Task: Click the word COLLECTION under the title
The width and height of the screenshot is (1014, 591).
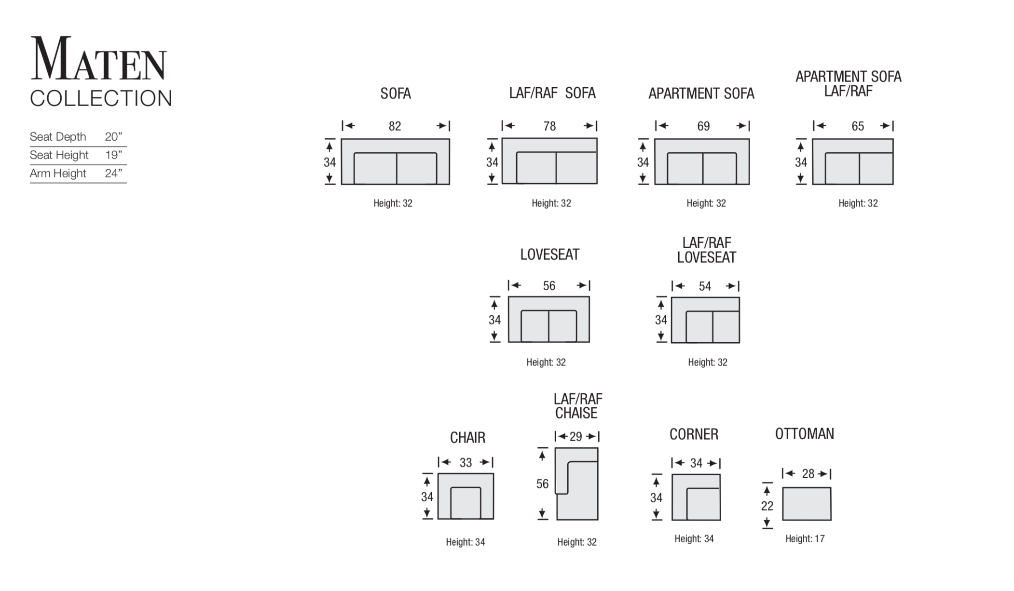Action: click(x=101, y=98)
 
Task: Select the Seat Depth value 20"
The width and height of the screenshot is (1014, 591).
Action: click(x=113, y=137)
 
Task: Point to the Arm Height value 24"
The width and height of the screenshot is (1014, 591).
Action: click(x=113, y=174)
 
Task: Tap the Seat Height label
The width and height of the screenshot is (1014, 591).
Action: click(x=59, y=155)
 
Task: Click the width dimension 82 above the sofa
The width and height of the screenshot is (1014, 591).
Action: click(x=395, y=126)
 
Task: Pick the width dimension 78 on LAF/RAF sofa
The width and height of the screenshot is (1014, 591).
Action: click(x=549, y=126)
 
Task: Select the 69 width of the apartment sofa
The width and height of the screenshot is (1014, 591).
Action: click(x=703, y=126)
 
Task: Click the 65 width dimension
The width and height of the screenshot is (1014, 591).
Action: click(x=858, y=126)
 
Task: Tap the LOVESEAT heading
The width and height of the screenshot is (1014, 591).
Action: click(x=550, y=255)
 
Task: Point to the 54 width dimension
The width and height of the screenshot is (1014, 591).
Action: click(x=705, y=286)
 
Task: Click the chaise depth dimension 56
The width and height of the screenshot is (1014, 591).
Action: click(x=543, y=484)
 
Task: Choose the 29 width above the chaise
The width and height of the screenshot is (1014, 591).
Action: click(x=576, y=437)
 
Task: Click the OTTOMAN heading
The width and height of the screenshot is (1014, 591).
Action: click(x=805, y=434)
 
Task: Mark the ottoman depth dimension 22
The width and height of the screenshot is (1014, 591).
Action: click(x=767, y=506)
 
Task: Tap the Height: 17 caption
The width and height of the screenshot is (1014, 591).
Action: click(x=805, y=539)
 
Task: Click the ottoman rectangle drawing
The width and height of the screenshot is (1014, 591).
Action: click(x=807, y=504)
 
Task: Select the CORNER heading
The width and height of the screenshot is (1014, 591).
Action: click(x=694, y=434)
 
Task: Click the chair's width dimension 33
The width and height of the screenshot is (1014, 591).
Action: click(x=466, y=463)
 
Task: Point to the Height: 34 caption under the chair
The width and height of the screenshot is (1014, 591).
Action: click(x=466, y=542)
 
